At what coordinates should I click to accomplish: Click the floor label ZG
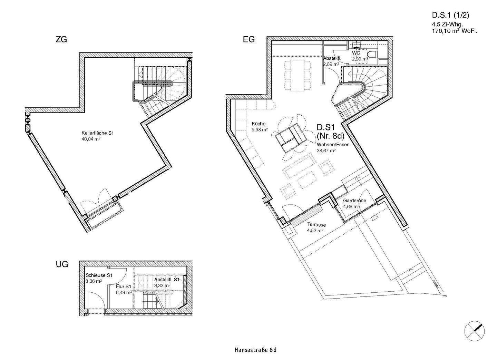[x=61, y=39]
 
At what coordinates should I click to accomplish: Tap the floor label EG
[x=248, y=39]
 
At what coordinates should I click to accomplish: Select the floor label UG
[x=62, y=264]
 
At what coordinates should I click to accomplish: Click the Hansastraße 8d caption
[x=255, y=350]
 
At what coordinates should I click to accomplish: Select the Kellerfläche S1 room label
[x=98, y=133]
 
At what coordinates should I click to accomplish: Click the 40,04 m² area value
[x=91, y=139]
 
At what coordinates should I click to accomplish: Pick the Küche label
[x=259, y=124]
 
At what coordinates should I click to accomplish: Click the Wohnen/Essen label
[x=333, y=145]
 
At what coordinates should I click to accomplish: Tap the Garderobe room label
[x=354, y=201]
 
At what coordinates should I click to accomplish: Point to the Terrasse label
[x=316, y=225]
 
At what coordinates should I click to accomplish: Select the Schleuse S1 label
[x=99, y=275]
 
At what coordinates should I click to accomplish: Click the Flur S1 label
[x=124, y=286]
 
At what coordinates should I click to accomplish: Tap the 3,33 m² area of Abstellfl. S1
[x=162, y=285]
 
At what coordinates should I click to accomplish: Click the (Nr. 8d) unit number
[x=330, y=136]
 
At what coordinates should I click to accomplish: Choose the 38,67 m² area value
[x=326, y=151]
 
